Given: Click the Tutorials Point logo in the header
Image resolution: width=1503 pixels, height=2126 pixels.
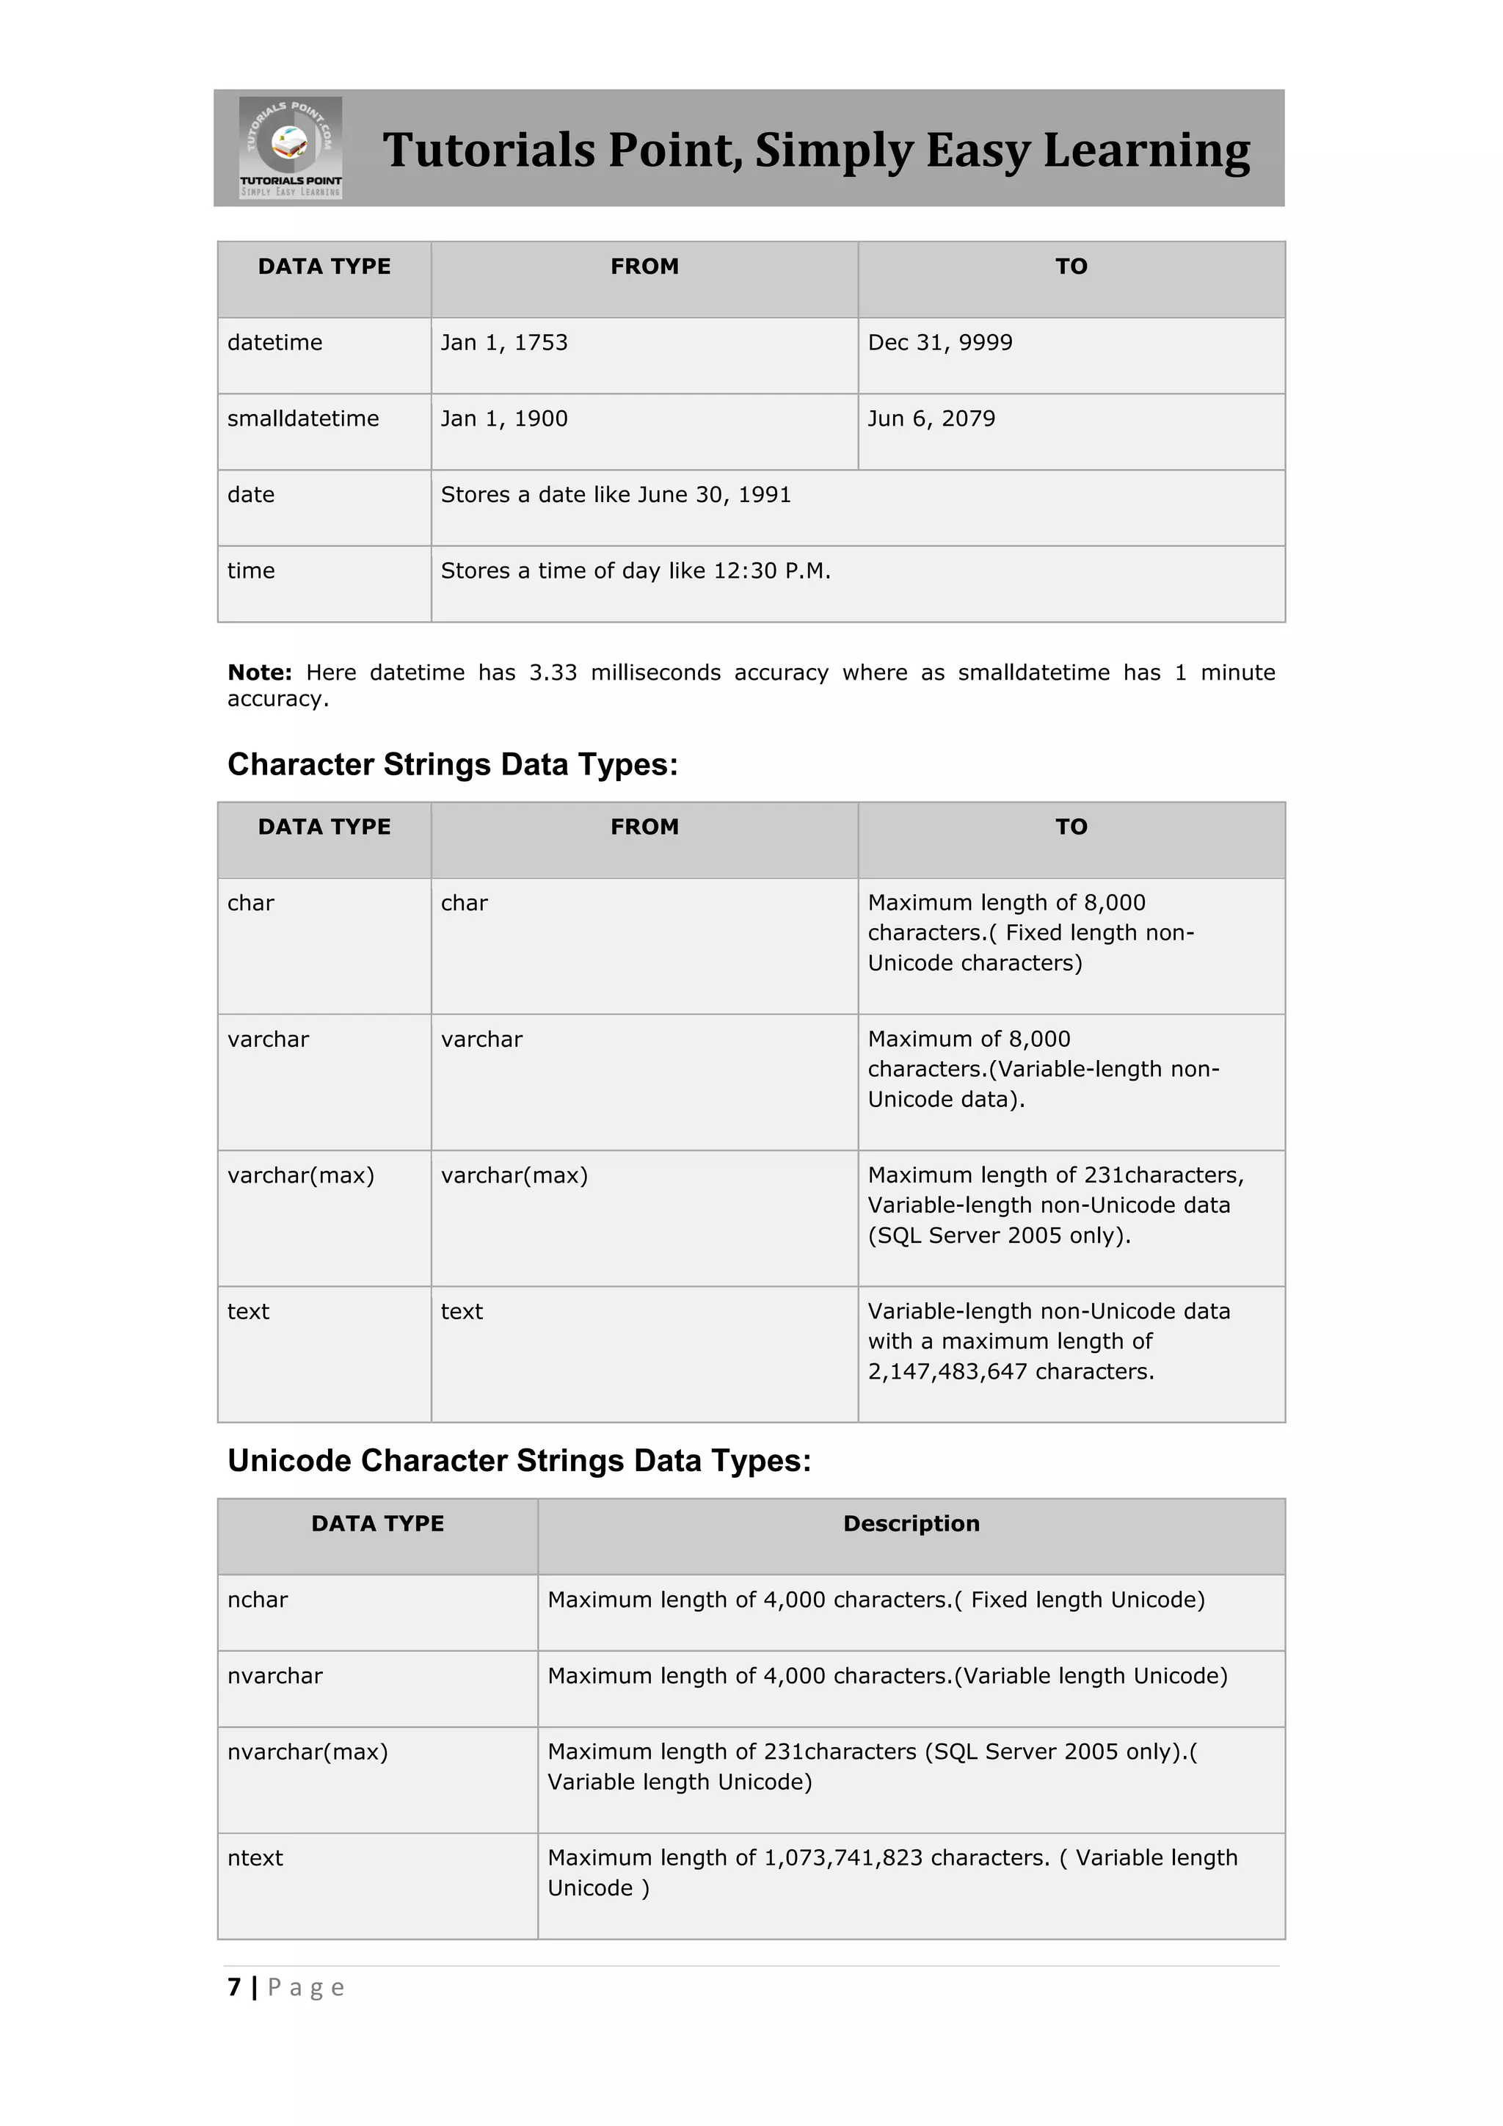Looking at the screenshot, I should pos(291,148).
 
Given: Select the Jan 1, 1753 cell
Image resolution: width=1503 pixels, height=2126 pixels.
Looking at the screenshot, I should pos(503,343).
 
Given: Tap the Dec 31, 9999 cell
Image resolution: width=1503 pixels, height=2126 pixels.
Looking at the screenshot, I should pos(939,343).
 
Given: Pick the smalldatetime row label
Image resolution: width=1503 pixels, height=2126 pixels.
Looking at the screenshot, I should pos(302,418).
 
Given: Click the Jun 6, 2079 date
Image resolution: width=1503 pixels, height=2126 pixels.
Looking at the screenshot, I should pos(931,418).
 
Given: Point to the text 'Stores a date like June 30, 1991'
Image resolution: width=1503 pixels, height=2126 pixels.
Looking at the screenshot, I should pos(616,495).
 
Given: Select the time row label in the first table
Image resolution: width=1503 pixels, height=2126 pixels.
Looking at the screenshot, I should pos(251,570).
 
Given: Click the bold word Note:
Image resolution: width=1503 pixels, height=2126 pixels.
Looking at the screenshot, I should pos(259,672).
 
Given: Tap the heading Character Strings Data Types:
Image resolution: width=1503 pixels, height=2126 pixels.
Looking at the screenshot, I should pos(453,764).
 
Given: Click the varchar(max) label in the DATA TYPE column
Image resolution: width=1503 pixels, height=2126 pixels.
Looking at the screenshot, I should pos(301,1175).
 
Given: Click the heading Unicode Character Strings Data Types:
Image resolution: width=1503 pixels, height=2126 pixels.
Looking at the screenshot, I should pos(519,1460).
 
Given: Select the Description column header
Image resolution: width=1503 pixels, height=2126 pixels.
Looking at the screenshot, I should pos(911,1523).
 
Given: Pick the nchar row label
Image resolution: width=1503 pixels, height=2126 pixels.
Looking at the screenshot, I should pos(258,1599).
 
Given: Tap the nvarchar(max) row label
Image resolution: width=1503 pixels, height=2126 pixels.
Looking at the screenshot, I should pos(307,1751).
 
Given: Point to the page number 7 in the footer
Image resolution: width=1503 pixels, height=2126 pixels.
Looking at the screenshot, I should pos(234,1987).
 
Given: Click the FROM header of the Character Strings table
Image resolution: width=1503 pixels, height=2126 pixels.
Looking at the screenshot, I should pos(644,827).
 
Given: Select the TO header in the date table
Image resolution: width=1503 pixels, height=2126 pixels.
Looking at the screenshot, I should pos(1071,266).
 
